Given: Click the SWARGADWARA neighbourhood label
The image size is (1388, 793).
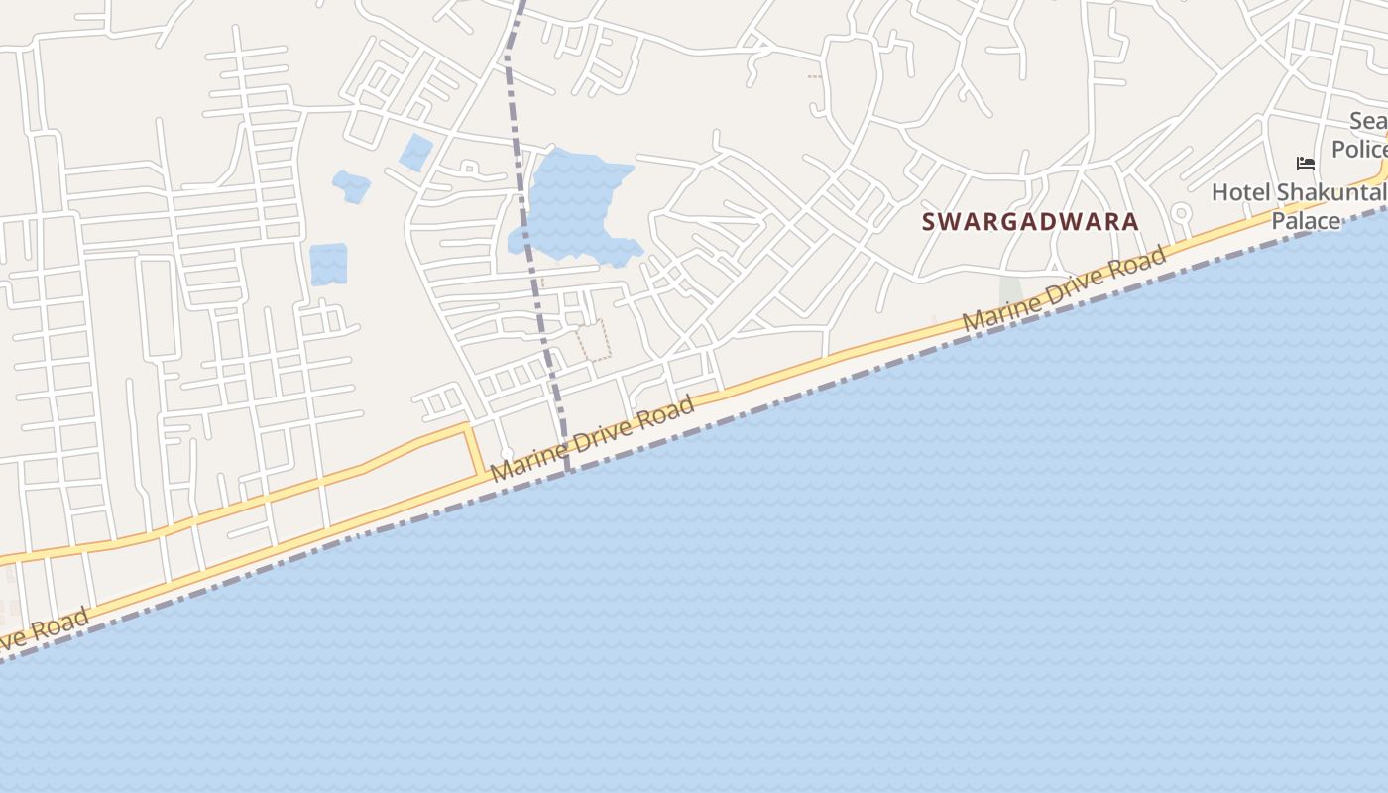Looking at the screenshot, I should (1030, 222).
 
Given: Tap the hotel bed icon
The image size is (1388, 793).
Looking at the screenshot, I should (1305, 164).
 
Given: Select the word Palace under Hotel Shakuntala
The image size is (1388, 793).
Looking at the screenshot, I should (1305, 221).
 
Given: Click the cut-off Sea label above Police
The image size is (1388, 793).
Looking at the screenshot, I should (1368, 122).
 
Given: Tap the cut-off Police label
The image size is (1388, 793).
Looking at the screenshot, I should (1359, 150).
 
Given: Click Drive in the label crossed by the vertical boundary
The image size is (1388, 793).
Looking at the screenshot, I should (600, 433).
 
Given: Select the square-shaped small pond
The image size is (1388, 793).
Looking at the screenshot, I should (328, 265).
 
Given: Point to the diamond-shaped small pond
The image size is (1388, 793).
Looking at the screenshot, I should (415, 153).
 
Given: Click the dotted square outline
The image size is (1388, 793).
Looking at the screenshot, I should (594, 340).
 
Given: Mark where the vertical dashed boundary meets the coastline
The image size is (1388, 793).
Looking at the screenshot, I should (568, 472).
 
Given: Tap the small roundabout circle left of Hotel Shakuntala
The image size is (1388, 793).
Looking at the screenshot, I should (1181, 212).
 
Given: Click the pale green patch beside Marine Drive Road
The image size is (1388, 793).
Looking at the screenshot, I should (1010, 290).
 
